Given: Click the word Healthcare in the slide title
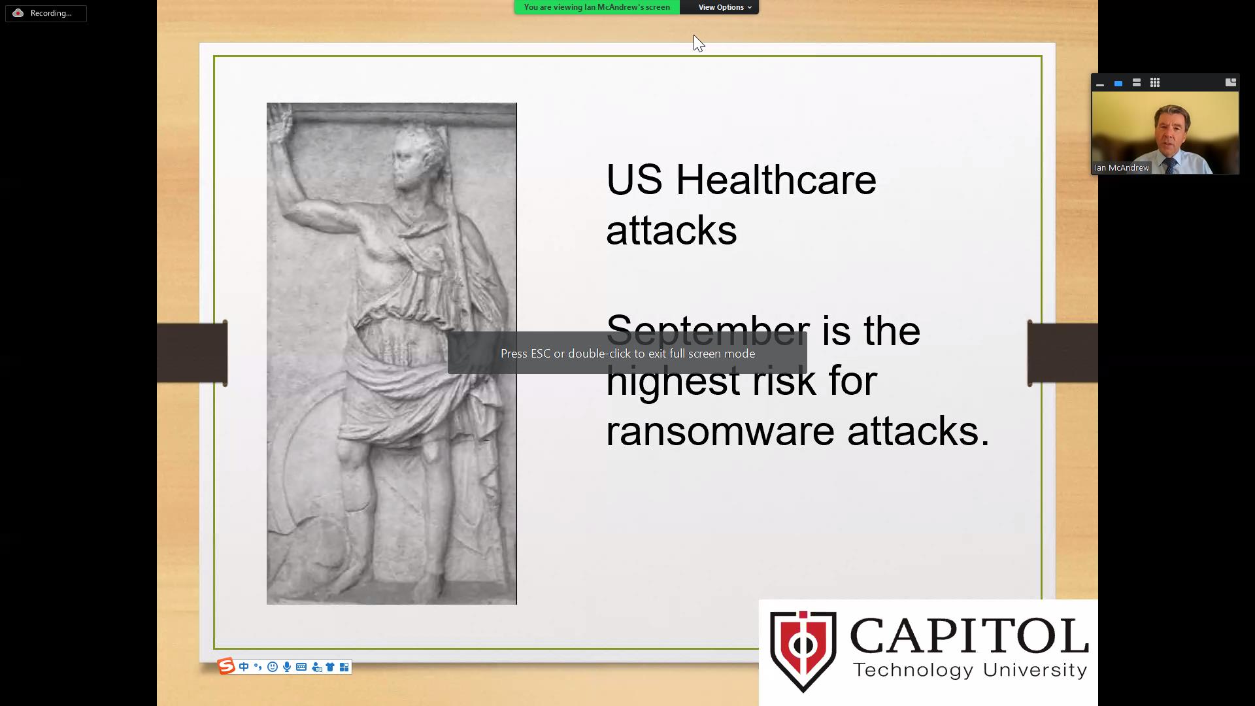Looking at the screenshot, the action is pyautogui.click(x=776, y=180).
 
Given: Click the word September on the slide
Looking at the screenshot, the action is pyautogui.click(x=708, y=331).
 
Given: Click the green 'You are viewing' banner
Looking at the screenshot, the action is pyautogui.click(x=597, y=7).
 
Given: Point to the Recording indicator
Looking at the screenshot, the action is pyautogui.click(x=46, y=13).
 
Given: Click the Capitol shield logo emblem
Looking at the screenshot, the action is pyautogui.click(x=803, y=651).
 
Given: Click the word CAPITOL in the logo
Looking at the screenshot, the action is pyautogui.click(x=969, y=636).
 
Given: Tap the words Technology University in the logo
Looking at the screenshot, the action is pyautogui.click(x=970, y=670).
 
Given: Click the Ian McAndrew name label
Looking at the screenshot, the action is pyautogui.click(x=1122, y=168).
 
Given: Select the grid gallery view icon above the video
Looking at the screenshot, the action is pyautogui.click(x=1155, y=82).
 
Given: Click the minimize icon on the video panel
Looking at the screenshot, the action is pyautogui.click(x=1100, y=84).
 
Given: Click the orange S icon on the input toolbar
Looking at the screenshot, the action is pyautogui.click(x=226, y=666).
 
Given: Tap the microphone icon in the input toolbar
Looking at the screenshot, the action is pyautogui.click(x=287, y=667).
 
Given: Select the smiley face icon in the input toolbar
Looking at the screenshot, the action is pyautogui.click(x=273, y=667).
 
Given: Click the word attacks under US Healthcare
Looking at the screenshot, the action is pyautogui.click(x=671, y=231).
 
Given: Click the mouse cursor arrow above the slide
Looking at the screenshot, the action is pyautogui.click(x=698, y=43).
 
